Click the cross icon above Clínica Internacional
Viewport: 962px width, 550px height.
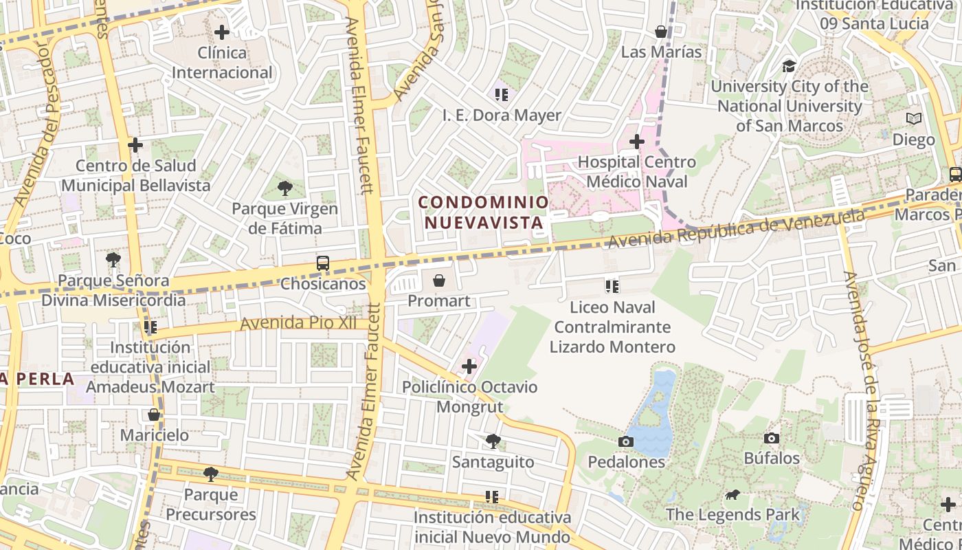(221, 32)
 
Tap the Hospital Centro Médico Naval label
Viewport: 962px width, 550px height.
(636, 172)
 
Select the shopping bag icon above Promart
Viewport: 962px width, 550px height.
(438, 280)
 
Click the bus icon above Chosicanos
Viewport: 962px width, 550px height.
(322, 263)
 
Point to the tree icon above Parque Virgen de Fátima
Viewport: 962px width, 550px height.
(284, 188)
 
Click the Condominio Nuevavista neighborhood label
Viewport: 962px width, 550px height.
(484, 212)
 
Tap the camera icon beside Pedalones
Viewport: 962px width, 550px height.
(625, 441)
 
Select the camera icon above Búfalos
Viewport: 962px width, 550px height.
(771, 438)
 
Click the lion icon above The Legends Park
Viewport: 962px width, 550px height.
(732, 495)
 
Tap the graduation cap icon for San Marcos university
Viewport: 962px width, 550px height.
(789, 66)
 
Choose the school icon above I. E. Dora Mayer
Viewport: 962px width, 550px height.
(501, 95)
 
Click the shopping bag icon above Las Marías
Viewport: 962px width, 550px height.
(660, 32)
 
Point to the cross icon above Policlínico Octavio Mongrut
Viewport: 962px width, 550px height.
(469, 366)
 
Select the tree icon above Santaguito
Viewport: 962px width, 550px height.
(492, 441)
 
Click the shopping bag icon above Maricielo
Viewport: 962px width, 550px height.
(154, 415)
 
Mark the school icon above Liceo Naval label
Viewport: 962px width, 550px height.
(612, 286)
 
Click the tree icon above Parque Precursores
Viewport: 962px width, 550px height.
(211, 474)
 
